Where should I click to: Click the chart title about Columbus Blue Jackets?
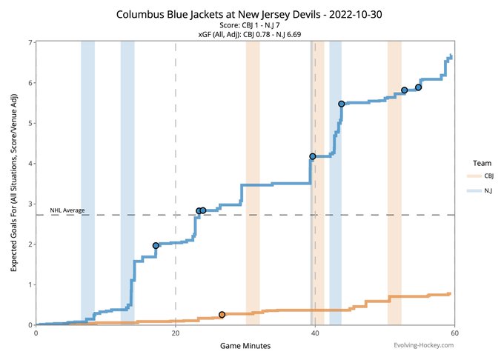click(x=245, y=14)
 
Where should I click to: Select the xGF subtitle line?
click(x=245, y=35)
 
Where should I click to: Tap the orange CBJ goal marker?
click(x=222, y=315)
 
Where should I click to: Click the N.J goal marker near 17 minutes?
click(x=156, y=245)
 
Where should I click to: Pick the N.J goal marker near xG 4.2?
click(x=313, y=156)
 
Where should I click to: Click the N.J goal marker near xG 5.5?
click(x=341, y=104)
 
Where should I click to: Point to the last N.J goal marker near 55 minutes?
click(x=419, y=87)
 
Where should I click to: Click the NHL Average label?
click(x=67, y=210)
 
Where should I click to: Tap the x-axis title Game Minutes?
click(x=245, y=346)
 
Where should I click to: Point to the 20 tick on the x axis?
click(x=175, y=333)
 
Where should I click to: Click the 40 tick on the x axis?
click(x=315, y=333)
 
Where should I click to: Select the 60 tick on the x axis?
click(x=454, y=333)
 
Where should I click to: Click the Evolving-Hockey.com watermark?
click(x=425, y=345)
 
